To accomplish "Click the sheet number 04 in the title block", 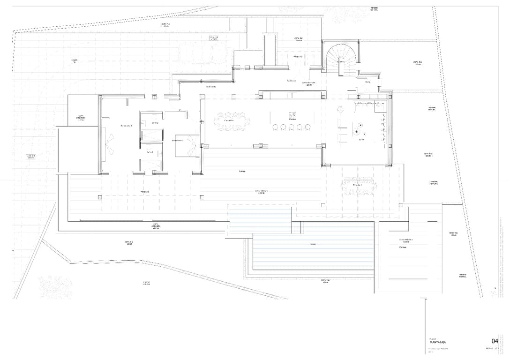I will [494, 341].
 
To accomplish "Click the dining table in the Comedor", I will [230, 121].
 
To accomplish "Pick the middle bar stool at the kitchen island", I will [292, 127].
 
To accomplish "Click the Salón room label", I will [361, 140].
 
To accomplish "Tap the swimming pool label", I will [313, 244].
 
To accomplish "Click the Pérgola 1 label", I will [144, 192].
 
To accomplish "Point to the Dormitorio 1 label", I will [126, 126].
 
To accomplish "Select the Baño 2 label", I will [154, 123].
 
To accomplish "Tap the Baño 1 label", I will [150, 152].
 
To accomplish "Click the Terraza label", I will [242, 171].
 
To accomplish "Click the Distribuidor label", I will [210, 87].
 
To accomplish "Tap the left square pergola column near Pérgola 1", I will [100, 197].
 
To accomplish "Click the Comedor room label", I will [229, 120].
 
